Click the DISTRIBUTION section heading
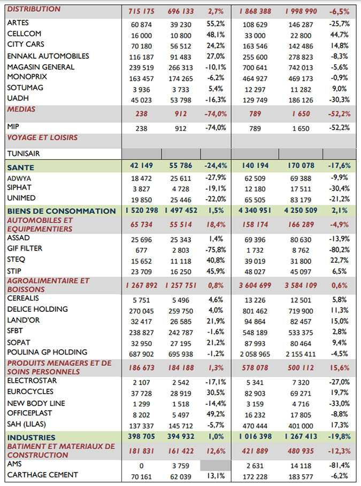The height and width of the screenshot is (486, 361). [34, 9]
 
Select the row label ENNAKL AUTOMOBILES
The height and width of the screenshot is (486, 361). [48, 56]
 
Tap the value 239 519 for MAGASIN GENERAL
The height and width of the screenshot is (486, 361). [142, 68]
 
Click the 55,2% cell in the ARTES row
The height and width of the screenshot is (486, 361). [216, 24]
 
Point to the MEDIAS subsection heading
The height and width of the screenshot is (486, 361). [21, 109]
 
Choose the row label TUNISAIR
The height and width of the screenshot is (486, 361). [24, 153]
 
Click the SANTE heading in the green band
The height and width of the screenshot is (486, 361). [20, 167]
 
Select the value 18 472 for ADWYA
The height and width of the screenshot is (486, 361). [142, 178]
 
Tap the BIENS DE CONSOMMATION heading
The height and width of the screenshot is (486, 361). [62, 211]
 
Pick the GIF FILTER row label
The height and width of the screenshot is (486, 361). [25, 248]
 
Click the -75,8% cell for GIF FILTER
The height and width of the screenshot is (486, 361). [216, 250]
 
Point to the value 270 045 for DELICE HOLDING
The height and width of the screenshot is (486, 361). [142, 311]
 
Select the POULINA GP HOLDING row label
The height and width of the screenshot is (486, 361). [47, 352]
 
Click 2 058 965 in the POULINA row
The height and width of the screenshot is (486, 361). [255, 354]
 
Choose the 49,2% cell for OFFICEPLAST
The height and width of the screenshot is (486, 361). [216, 414]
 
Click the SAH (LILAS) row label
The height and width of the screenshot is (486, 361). [27, 424]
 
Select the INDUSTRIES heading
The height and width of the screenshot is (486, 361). [32, 437]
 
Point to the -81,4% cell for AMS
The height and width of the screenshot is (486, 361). [340, 465]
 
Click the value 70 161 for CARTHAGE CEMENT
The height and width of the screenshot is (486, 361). [142, 476]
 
